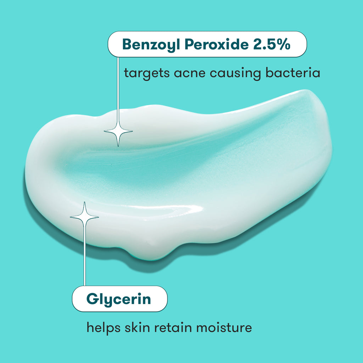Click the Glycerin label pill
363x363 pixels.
pyautogui.click(x=119, y=299)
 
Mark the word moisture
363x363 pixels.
pyautogui.click(x=223, y=327)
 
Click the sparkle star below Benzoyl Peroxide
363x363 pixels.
pyautogui.click(x=118, y=132)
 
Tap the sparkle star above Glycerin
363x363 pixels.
pyautogui.click(x=84, y=217)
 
